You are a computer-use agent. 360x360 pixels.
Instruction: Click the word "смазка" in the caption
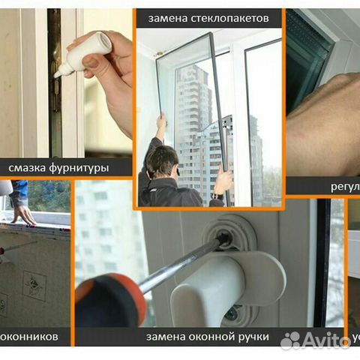click(32, 168)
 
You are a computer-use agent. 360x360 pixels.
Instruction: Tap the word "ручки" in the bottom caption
click(253, 337)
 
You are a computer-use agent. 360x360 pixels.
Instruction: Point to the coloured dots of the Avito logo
click(290, 340)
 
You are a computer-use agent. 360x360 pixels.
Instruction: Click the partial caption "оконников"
click(30, 337)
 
